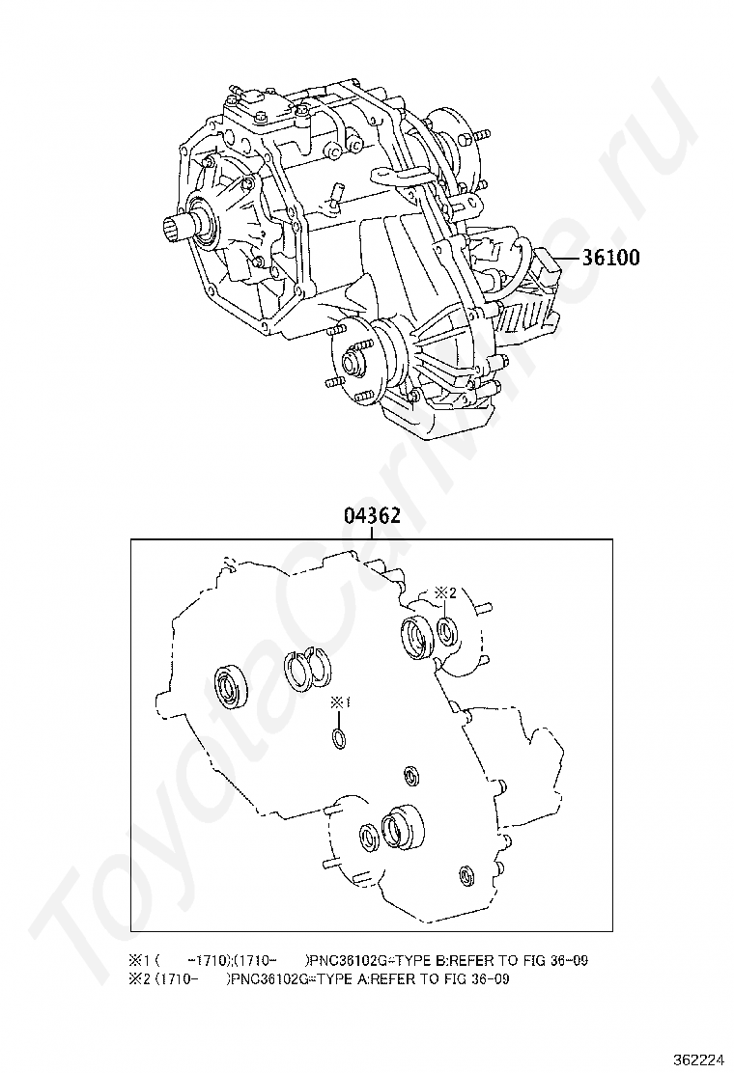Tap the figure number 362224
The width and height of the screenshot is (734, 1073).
701,1059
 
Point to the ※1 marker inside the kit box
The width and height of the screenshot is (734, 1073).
339,703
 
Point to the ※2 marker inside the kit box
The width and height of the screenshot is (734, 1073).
444,593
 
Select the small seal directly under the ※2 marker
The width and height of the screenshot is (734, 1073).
447,632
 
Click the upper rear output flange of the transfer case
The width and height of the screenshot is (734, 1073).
454,142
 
